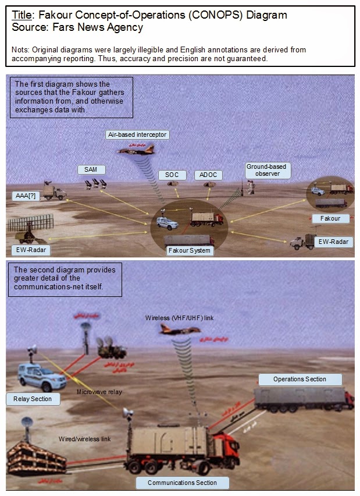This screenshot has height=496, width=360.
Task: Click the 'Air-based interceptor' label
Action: (138, 134)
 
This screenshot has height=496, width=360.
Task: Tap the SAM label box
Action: (91, 169)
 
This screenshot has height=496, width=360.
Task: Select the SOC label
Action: (172, 175)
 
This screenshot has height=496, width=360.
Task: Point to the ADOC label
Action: (207, 175)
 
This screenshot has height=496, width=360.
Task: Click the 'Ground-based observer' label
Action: (266, 170)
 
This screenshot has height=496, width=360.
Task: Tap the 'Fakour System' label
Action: (190, 251)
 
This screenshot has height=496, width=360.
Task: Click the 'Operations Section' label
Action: (300, 380)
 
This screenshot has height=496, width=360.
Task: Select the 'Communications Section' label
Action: (182, 483)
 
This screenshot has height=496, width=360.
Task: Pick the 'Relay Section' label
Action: (33, 399)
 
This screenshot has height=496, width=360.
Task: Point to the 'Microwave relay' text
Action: (99, 392)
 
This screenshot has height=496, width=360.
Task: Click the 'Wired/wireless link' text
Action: (85, 438)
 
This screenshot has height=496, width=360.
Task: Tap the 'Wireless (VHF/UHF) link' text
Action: (175, 318)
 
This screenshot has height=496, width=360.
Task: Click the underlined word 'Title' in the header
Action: (23, 15)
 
